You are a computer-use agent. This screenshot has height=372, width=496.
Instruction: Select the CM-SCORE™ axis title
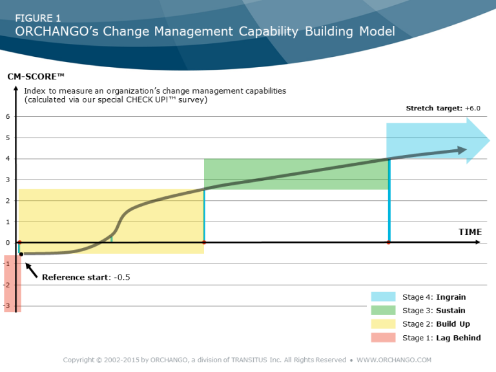click(31, 77)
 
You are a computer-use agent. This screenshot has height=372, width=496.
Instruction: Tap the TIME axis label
click(470, 232)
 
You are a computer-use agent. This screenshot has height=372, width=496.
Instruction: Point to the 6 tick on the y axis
click(8, 117)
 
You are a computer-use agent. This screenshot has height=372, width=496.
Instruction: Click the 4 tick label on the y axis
click(8, 159)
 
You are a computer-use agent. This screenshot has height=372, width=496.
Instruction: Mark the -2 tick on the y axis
click(6, 285)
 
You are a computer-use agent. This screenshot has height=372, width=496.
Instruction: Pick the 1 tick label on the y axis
click(8, 222)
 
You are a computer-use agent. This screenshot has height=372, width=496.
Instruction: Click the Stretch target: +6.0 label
click(443, 108)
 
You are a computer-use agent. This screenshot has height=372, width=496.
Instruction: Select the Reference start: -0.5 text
click(86, 277)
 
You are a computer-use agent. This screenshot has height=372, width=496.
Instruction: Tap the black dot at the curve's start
click(21, 254)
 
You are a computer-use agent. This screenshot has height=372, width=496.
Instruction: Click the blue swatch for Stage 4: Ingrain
click(383, 297)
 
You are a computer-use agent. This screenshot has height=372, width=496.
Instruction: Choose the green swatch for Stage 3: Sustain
click(383, 311)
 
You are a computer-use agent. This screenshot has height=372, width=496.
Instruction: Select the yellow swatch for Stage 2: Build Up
click(383, 324)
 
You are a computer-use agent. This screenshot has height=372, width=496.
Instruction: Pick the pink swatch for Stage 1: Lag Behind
click(383, 338)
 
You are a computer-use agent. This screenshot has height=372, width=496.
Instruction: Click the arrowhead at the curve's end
click(462, 150)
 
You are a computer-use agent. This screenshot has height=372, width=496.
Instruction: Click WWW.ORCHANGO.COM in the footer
click(393, 360)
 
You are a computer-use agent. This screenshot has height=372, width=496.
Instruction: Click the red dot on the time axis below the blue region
click(389, 243)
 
